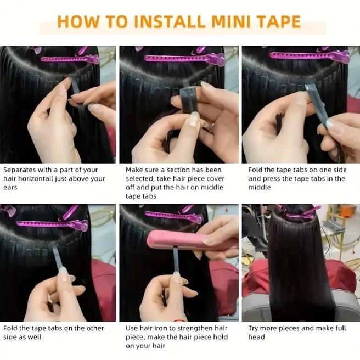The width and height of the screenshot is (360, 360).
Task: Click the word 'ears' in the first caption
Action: click(x=11, y=188)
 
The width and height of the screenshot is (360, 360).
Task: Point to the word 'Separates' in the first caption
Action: click(x=20, y=170)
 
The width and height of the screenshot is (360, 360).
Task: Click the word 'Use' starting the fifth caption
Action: click(x=132, y=328)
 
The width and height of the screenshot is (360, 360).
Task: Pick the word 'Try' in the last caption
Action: click(x=255, y=328)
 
